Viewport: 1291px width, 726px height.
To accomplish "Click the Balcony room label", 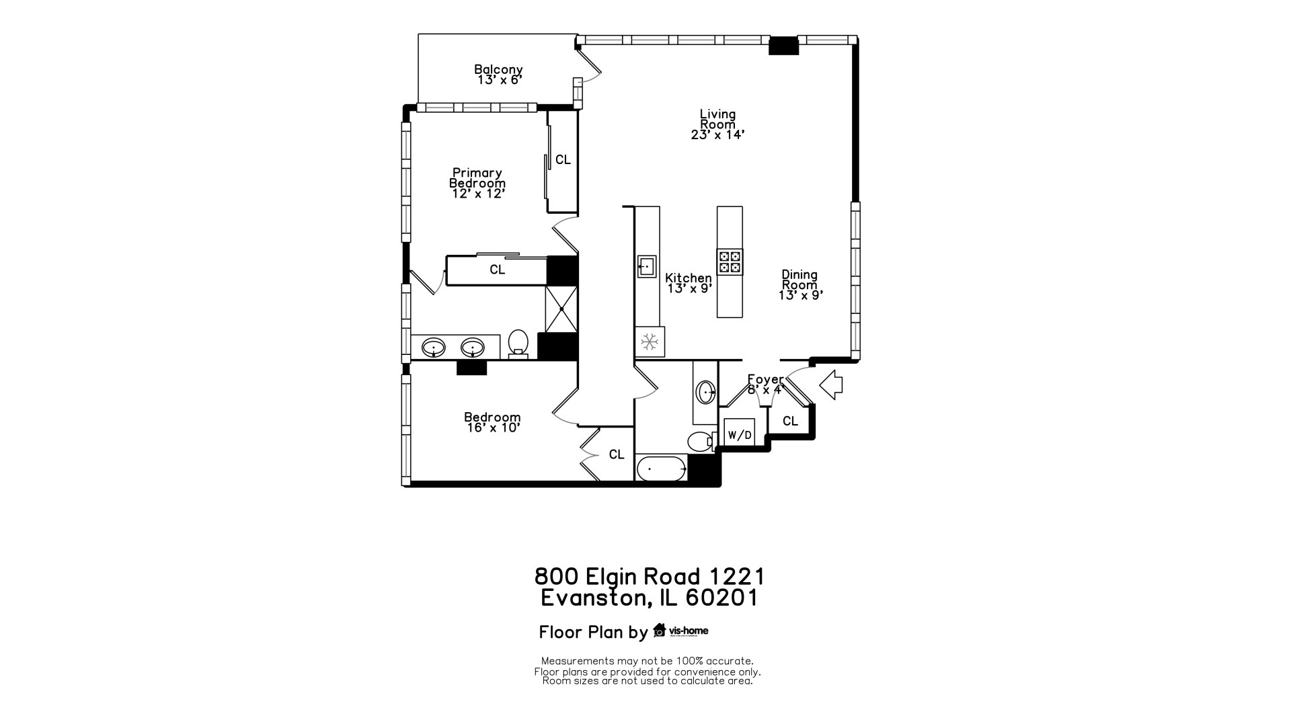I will (x=498, y=69).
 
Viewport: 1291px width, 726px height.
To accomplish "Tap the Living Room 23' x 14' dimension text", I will (x=717, y=134).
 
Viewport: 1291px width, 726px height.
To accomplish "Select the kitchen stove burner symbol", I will (x=730, y=261).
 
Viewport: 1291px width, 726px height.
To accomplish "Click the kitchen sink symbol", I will (x=646, y=267).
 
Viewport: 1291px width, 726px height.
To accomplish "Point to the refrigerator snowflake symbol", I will (x=649, y=342).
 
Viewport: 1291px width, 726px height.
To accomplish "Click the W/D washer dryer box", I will (x=739, y=434).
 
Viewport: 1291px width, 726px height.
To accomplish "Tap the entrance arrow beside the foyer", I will (x=832, y=385).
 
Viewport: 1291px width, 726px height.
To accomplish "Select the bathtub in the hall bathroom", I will (x=661, y=469).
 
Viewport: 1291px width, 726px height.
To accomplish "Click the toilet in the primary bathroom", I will (x=518, y=342).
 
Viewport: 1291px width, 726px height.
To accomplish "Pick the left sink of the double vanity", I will (x=434, y=348).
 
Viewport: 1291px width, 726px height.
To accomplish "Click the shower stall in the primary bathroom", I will (x=561, y=309).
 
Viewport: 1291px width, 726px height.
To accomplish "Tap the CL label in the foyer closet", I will (x=790, y=421).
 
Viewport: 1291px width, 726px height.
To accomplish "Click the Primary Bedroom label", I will (x=477, y=178).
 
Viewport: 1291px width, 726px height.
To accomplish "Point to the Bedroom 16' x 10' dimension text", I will (x=494, y=428).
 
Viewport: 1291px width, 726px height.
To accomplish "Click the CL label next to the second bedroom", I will (x=617, y=454).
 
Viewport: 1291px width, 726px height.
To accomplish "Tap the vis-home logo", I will (x=680, y=631).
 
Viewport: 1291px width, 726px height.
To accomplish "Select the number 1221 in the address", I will (x=737, y=576).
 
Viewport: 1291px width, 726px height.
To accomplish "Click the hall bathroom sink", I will (x=705, y=392).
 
